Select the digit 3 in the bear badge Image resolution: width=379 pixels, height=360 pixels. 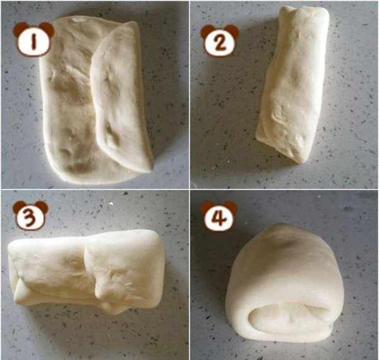tap(30, 217)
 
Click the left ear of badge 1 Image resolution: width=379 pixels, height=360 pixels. tap(19, 28)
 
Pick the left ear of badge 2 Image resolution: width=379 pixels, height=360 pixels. tap(207, 31)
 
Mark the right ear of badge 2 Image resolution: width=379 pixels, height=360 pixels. tap(233, 31)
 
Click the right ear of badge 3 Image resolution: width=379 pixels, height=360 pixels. tap(42, 207)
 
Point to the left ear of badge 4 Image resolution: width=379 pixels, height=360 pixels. tap(207, 206)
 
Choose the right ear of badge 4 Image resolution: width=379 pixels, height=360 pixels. tap(231, 207)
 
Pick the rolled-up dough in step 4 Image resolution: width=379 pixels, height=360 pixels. tap(285, 283)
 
